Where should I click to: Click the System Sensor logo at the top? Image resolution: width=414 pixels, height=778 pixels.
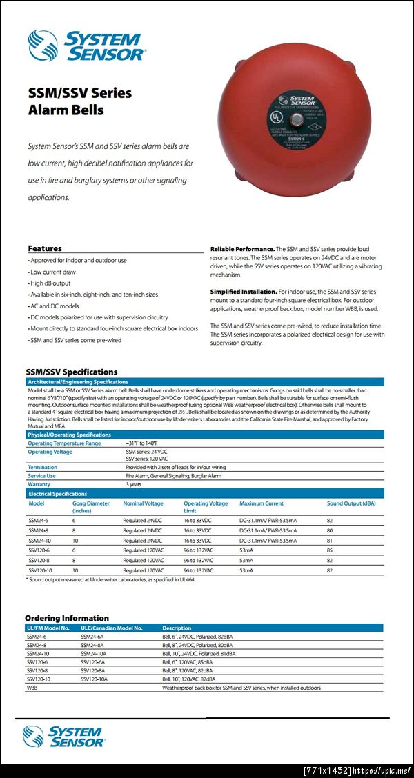pyautogui.click(x=86, y=45)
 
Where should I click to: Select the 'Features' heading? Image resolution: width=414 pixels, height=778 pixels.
pyautogui.click(x=45, y=248)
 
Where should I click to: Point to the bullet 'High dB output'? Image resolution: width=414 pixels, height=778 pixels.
pyautogui.click(x=50, y=283)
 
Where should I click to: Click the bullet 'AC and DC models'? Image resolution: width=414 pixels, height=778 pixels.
pyautogui.click(x=54, y=306)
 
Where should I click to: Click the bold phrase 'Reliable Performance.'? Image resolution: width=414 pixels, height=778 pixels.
pyautogui.click(x=241, y=248)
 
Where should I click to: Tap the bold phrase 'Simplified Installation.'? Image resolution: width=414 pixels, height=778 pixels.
pyautogui.click(x=244, y=292)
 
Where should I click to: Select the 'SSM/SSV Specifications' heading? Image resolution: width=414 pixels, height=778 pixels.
pyautogui.click(x=71, y=372)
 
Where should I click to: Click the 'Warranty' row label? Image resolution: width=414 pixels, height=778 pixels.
pyautogui.click(x=39, y=484)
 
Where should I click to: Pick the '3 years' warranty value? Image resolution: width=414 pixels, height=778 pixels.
pyautogui.click(x=133, y=484)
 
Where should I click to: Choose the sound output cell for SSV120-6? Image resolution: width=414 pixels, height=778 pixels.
pyautogui.click(x=330, y=551)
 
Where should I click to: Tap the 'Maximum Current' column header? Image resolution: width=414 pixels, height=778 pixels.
pyautogui.click(x=262, y=503)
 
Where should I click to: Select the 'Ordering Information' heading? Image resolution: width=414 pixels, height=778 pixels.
pyautogui.click(x=67, y=618)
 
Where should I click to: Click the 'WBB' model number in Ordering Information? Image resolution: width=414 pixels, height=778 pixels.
pyautogui.click(x=32, y=688)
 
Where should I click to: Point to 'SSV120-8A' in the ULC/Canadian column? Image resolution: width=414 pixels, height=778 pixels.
pyautogui.click(x=94, y=670)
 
